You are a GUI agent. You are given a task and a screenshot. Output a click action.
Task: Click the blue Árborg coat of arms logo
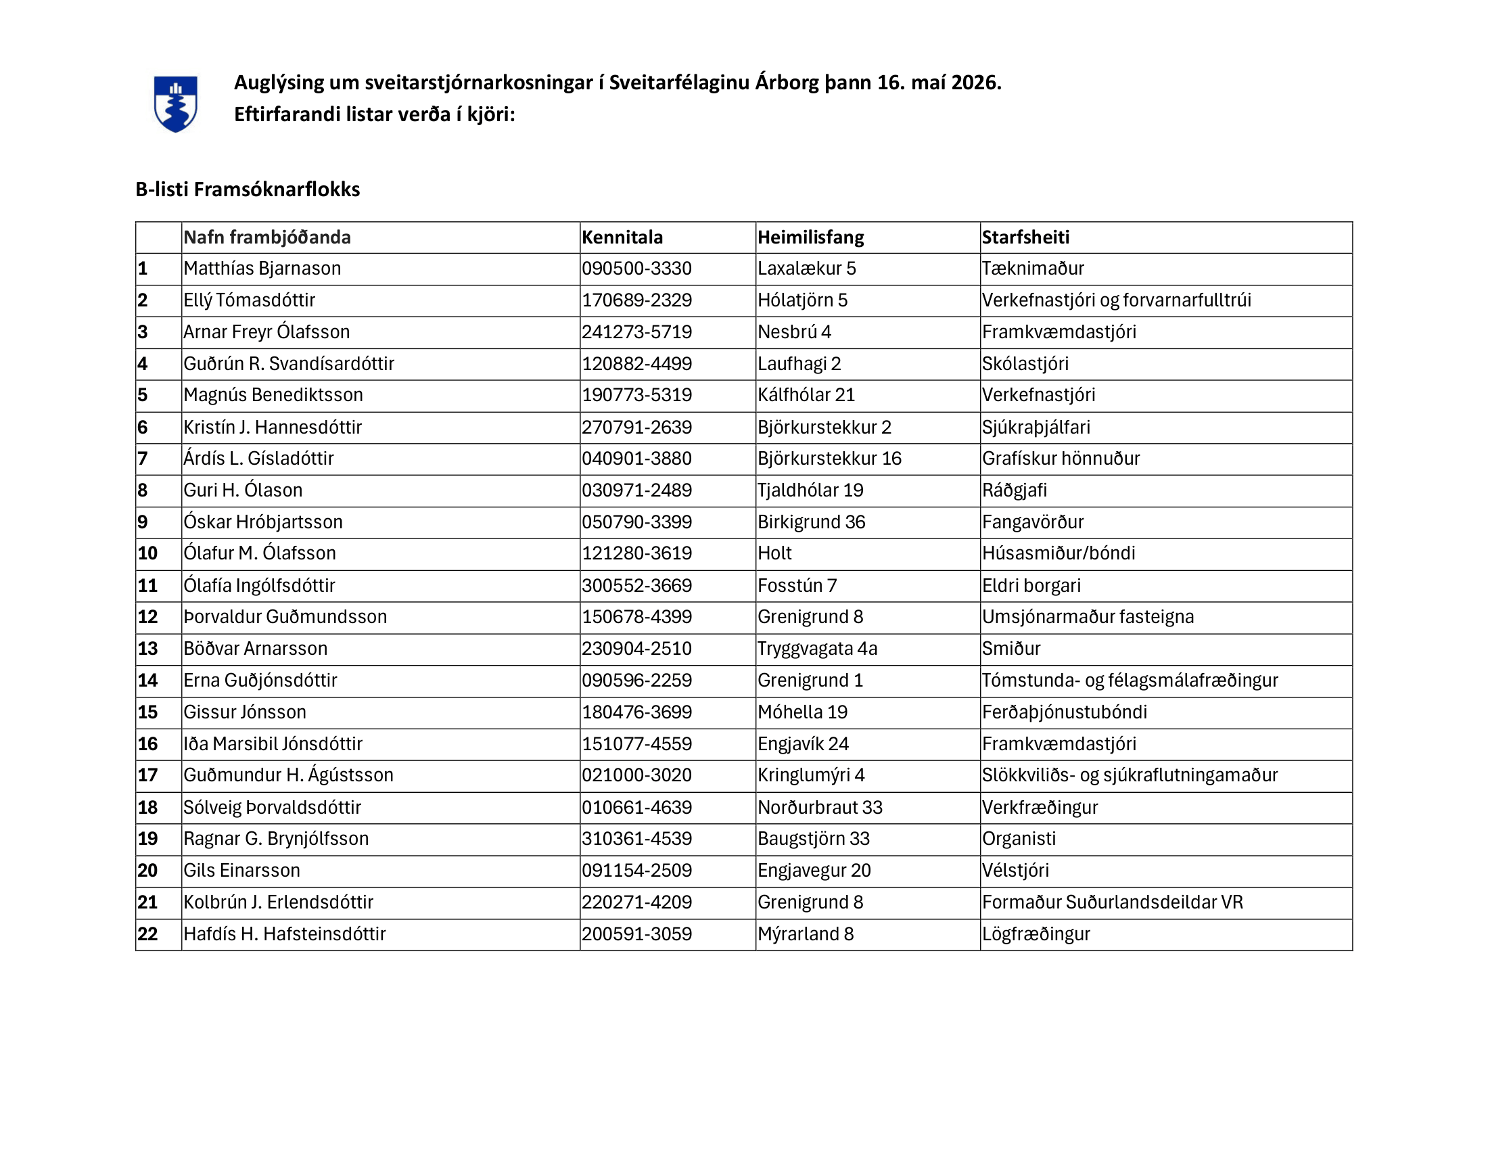point(175,103)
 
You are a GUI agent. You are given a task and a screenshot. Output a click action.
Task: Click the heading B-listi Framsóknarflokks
point(248,189)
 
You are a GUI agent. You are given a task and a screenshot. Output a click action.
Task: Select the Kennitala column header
point(622,237)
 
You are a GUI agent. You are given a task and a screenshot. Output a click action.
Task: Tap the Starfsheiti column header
point(1025,237)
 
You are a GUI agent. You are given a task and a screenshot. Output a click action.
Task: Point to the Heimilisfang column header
point(811,237)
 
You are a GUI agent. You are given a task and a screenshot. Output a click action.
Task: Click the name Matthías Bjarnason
point(262,269)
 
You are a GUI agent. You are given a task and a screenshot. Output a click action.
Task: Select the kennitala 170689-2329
point(636,300)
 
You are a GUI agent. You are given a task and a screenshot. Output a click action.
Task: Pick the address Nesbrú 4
point(795,331)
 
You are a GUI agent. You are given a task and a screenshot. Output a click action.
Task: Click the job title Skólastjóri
point(1025,364)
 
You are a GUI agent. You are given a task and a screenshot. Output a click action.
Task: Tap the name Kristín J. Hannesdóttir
point(273,427)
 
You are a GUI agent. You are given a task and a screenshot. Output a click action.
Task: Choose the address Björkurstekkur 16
point(829,459)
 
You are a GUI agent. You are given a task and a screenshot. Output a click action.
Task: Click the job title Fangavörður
point(1033,522)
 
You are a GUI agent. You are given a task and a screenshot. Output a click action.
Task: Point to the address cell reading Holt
point(774,553)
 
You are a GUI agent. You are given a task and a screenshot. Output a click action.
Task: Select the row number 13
point(148,649)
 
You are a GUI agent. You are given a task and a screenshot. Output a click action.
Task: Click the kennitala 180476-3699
point(636,712)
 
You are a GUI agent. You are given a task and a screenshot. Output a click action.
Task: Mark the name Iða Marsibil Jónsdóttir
point(273,744)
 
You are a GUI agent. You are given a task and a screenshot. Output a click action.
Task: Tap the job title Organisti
point(1019,839)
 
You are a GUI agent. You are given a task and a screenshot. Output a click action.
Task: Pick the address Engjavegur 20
point(814,871)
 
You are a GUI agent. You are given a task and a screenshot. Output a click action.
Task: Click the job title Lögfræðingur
point(1036,934)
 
